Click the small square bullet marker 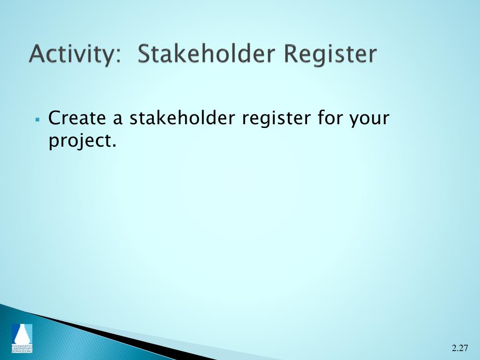tap(37, 120)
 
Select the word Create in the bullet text tap(77, 118)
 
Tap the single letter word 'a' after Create tap(118, 120)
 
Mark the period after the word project tap(113, 146)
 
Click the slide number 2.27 tap(460, 348)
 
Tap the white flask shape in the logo tap(22, 336)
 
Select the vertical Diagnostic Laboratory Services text tap(22, 348)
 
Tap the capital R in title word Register tap(292, 54)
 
